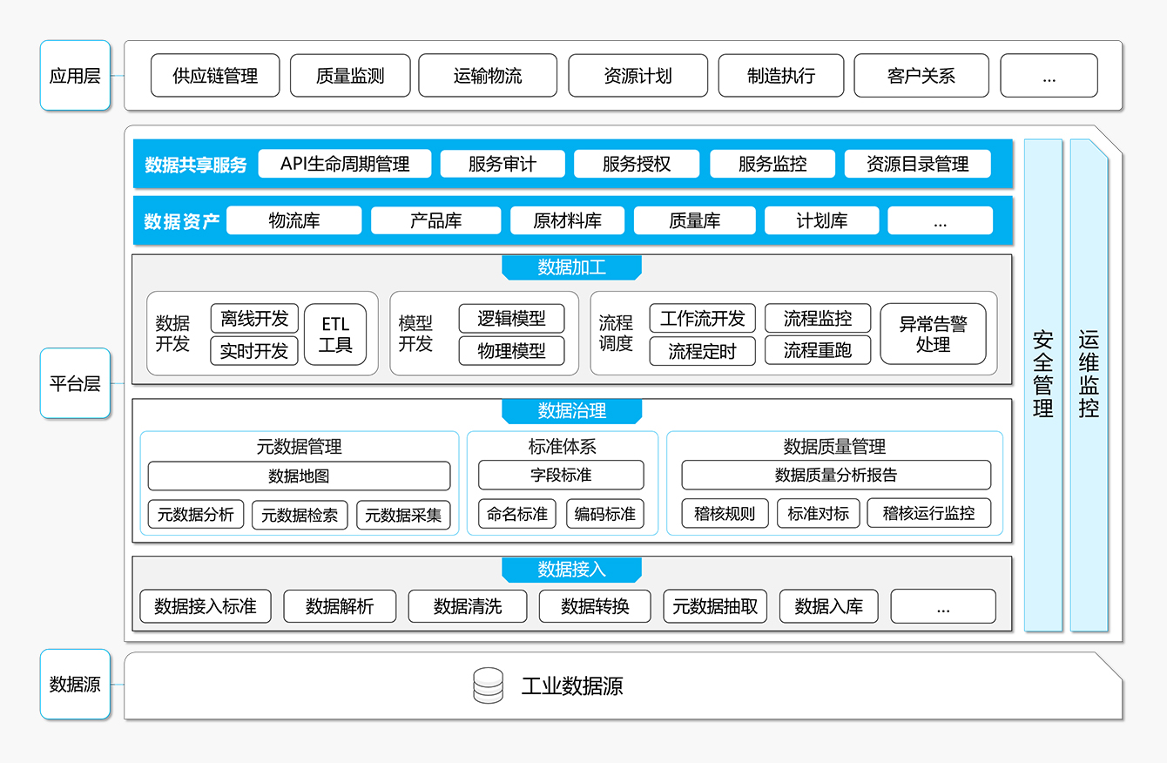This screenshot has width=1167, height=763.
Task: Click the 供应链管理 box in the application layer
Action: [x=215, y=76]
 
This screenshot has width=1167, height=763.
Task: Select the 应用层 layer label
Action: [x=75, y=76]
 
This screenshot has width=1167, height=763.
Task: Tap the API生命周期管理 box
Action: [x=344, y=164]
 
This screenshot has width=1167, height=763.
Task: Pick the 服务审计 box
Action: [x=503, y=164]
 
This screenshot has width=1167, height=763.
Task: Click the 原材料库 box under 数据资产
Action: [x=567, y=220]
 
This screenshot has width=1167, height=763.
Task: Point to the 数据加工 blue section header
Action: [x=571, y=267]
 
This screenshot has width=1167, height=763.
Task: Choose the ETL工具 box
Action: [x=335, y=334]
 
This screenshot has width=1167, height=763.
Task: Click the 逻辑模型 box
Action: [x=511, y=318]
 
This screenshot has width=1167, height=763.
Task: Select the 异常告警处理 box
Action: [x=933, y=334]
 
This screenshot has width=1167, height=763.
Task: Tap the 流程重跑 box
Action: [x=818, y=350]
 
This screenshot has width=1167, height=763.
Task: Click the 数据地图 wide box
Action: [x=299, y=476]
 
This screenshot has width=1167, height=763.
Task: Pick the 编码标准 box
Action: [x=605, y=514]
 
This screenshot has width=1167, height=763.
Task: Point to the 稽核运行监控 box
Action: [x=929, y=513]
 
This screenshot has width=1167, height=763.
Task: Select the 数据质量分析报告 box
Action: [x=836, y=475]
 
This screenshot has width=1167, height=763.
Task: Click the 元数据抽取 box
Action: [x=715, y=606]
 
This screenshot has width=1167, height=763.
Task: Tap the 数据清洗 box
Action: [x=468, y=606]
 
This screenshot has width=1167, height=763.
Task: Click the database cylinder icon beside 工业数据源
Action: [x=489, y=685]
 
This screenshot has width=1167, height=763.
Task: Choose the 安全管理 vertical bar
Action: [x=1043, y=385]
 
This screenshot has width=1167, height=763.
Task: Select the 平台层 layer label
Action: [x=75, y=383]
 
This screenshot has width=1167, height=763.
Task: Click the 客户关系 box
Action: [x=921, y=76]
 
